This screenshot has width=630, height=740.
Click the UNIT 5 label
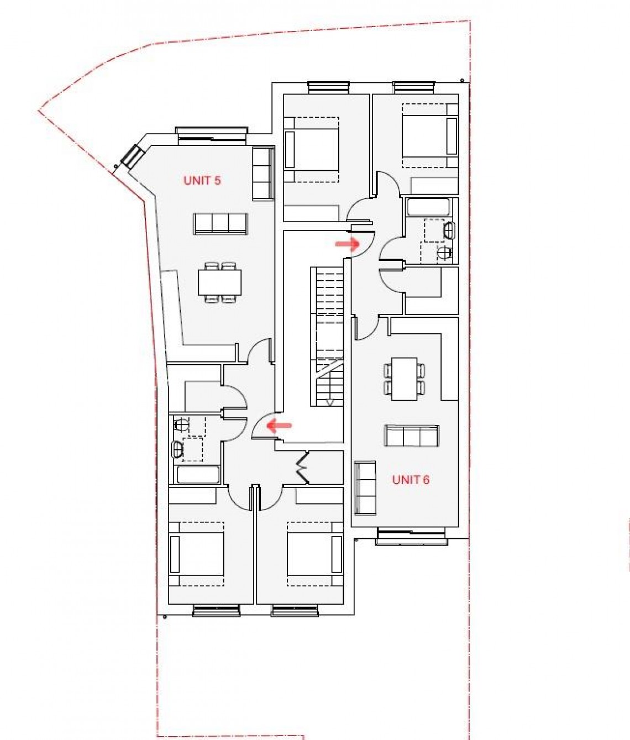(202, 180)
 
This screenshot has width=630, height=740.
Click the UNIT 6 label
(411, 480)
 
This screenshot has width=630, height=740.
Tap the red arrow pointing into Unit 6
(348, 243)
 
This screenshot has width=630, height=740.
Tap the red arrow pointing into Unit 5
(280, 426)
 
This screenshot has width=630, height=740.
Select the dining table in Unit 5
(220, 283)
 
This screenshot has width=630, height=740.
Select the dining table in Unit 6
(404, 379)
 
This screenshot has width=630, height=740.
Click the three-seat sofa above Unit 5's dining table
(221, 223)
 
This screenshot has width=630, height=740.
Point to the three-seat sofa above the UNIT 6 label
(412, 436)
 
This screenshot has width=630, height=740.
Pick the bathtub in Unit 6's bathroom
(428, 208)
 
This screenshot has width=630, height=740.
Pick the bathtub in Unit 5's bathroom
(197, 474)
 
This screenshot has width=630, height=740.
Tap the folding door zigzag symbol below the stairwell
(302, 467)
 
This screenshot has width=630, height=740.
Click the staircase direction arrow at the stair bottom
(330, 402)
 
